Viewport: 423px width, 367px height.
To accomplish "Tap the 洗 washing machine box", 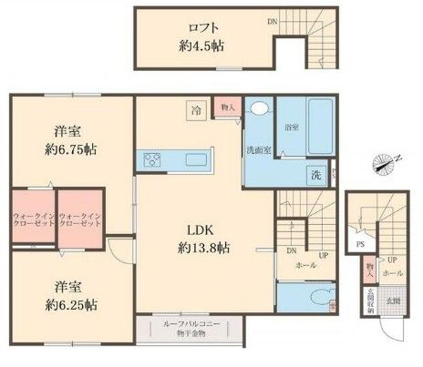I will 315,173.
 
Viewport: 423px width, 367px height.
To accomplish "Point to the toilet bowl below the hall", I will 313,297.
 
